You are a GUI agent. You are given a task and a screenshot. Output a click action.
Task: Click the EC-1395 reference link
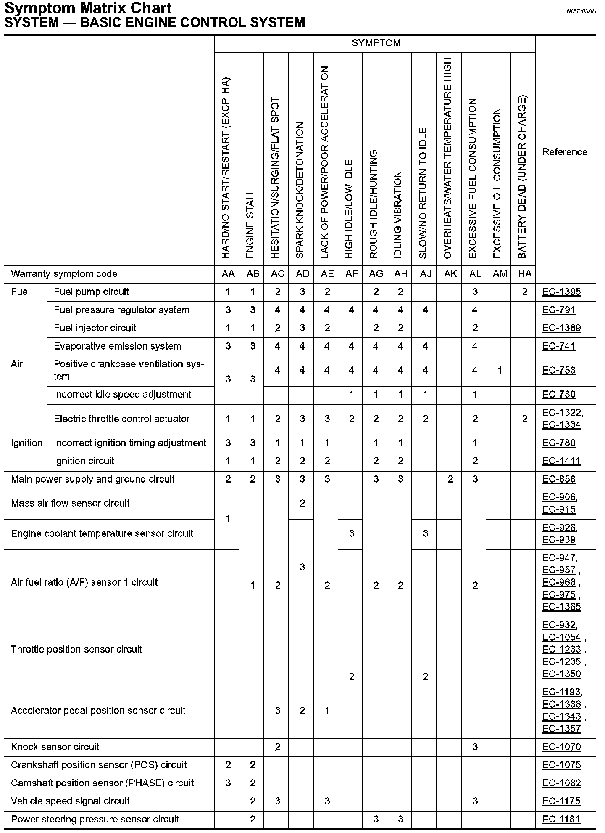pos(561,292)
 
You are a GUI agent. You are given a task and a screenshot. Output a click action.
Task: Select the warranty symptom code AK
pos(450,274)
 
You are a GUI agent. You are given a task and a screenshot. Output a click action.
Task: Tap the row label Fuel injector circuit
pos(95,328)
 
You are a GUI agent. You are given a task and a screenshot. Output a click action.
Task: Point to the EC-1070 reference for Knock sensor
pos(561,747)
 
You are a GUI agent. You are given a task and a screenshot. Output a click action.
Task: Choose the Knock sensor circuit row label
pos(55,747)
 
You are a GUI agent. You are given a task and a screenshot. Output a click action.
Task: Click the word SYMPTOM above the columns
pos(376,43)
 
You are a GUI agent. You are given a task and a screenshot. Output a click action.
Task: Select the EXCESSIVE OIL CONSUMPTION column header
pos(497,183)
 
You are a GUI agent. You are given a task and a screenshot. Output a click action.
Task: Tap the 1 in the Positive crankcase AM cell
pos(500,371)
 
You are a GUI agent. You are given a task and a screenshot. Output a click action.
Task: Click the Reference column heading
pos(565,152)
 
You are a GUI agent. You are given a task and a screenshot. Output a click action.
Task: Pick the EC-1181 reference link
pos(561,819)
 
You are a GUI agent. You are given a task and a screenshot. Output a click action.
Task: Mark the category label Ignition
pos(26,443)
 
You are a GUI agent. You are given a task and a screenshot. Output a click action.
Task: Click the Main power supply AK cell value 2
pos(450,479)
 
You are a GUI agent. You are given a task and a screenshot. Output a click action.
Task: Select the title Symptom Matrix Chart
pos(88,8)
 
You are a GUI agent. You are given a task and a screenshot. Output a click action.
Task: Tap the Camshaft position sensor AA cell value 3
pos(228,783)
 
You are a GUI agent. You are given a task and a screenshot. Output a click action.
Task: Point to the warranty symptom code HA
pos(524,274)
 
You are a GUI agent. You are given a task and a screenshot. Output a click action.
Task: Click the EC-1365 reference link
pos(561,607)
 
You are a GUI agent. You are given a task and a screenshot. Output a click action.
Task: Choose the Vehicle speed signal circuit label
pos(70,801)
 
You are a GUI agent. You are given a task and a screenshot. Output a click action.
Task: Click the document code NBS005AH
pos(581,11)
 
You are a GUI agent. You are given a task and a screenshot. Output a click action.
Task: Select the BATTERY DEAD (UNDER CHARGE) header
pos(522,177)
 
